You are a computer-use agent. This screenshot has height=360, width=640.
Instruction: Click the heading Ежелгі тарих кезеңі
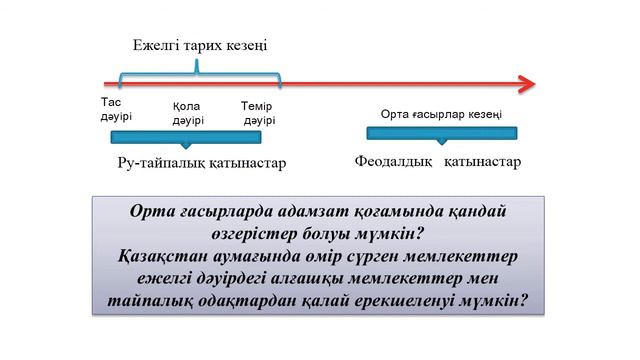201,46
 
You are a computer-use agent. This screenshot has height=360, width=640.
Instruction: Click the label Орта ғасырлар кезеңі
441,114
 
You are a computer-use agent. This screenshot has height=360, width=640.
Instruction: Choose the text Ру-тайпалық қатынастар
197,163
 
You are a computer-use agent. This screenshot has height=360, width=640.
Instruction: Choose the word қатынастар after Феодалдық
482,162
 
